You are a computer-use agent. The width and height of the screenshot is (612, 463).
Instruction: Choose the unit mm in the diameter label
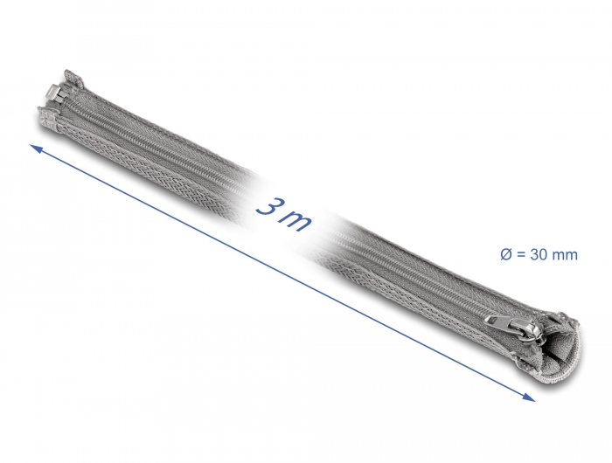(566, 255)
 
